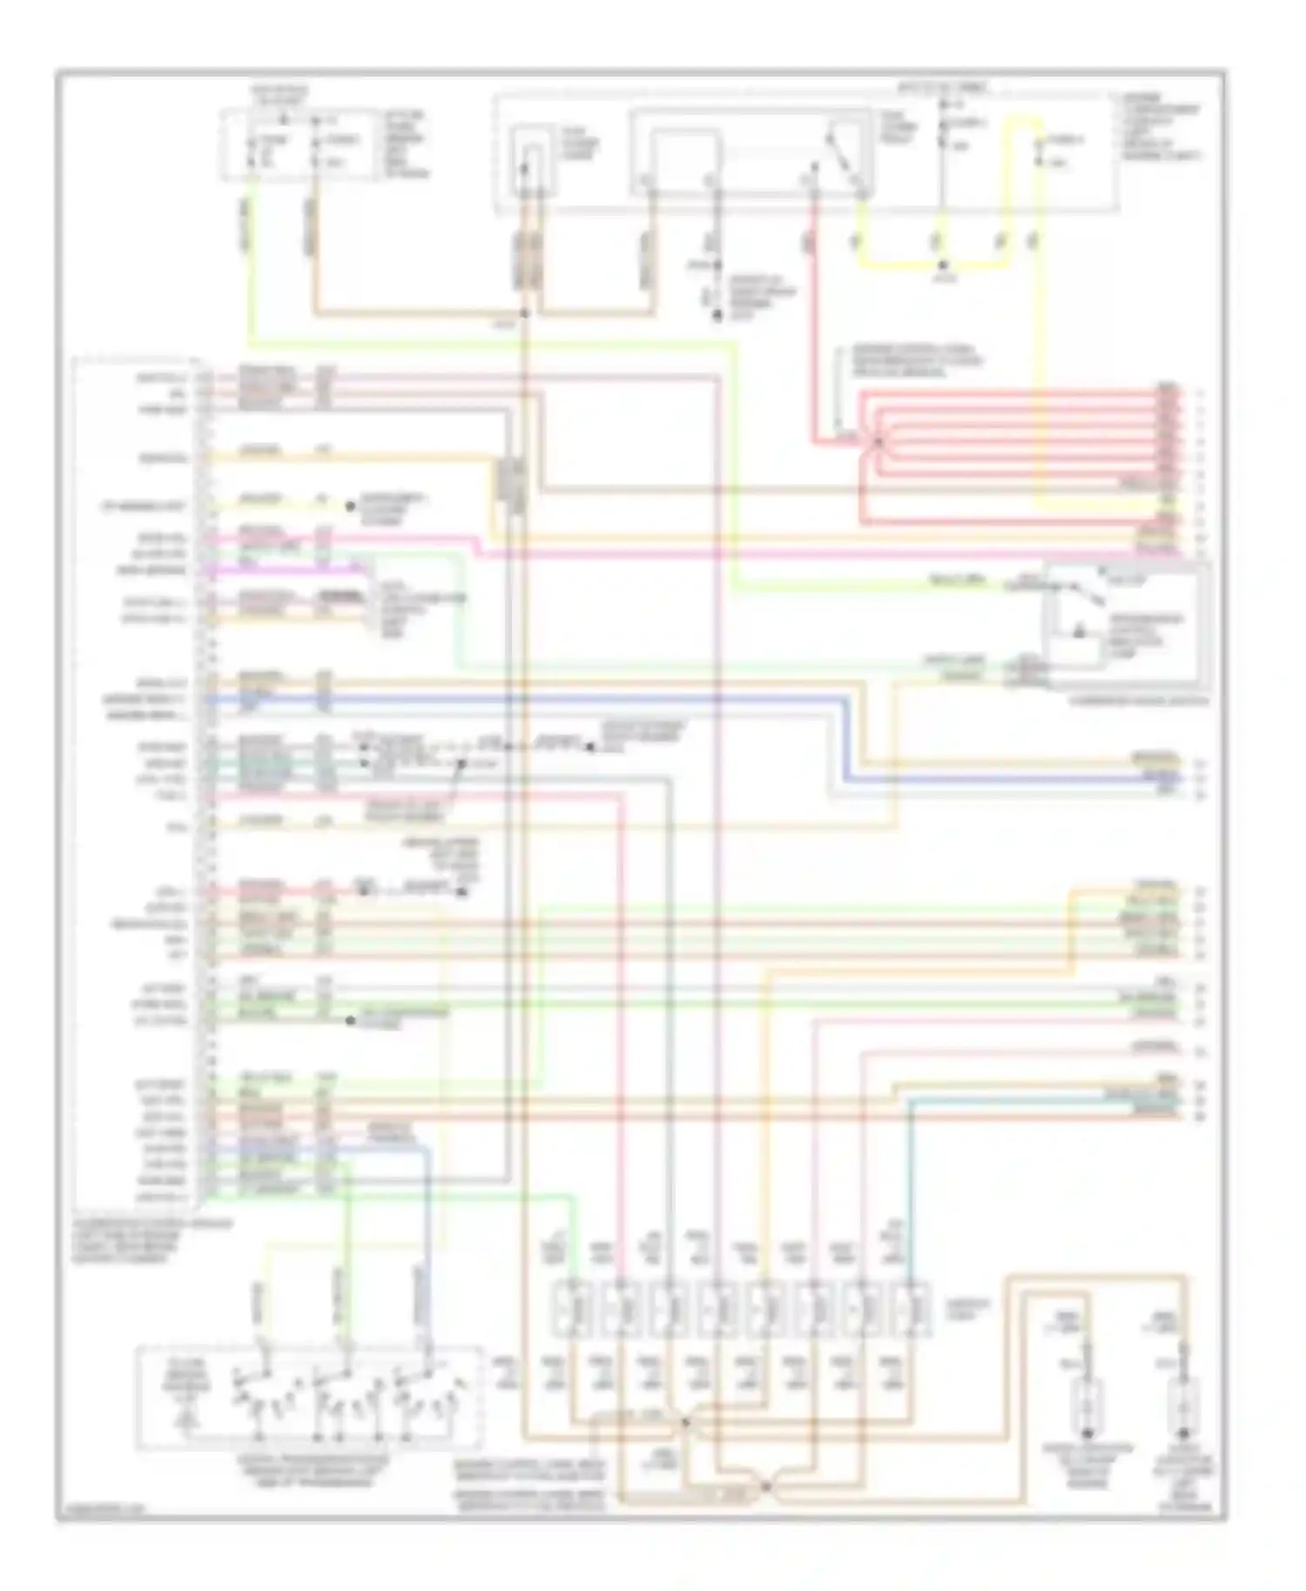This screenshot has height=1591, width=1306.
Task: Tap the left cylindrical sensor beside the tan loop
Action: click(x=1087, y=1407)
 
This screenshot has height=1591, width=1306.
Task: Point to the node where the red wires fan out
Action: click(x=878, y=442)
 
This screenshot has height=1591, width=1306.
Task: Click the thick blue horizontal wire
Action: click(x=522, y=699)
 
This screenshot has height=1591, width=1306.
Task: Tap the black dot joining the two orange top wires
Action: click(x=524, y=312)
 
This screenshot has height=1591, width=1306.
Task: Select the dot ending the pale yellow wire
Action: click(x=350, y=506)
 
